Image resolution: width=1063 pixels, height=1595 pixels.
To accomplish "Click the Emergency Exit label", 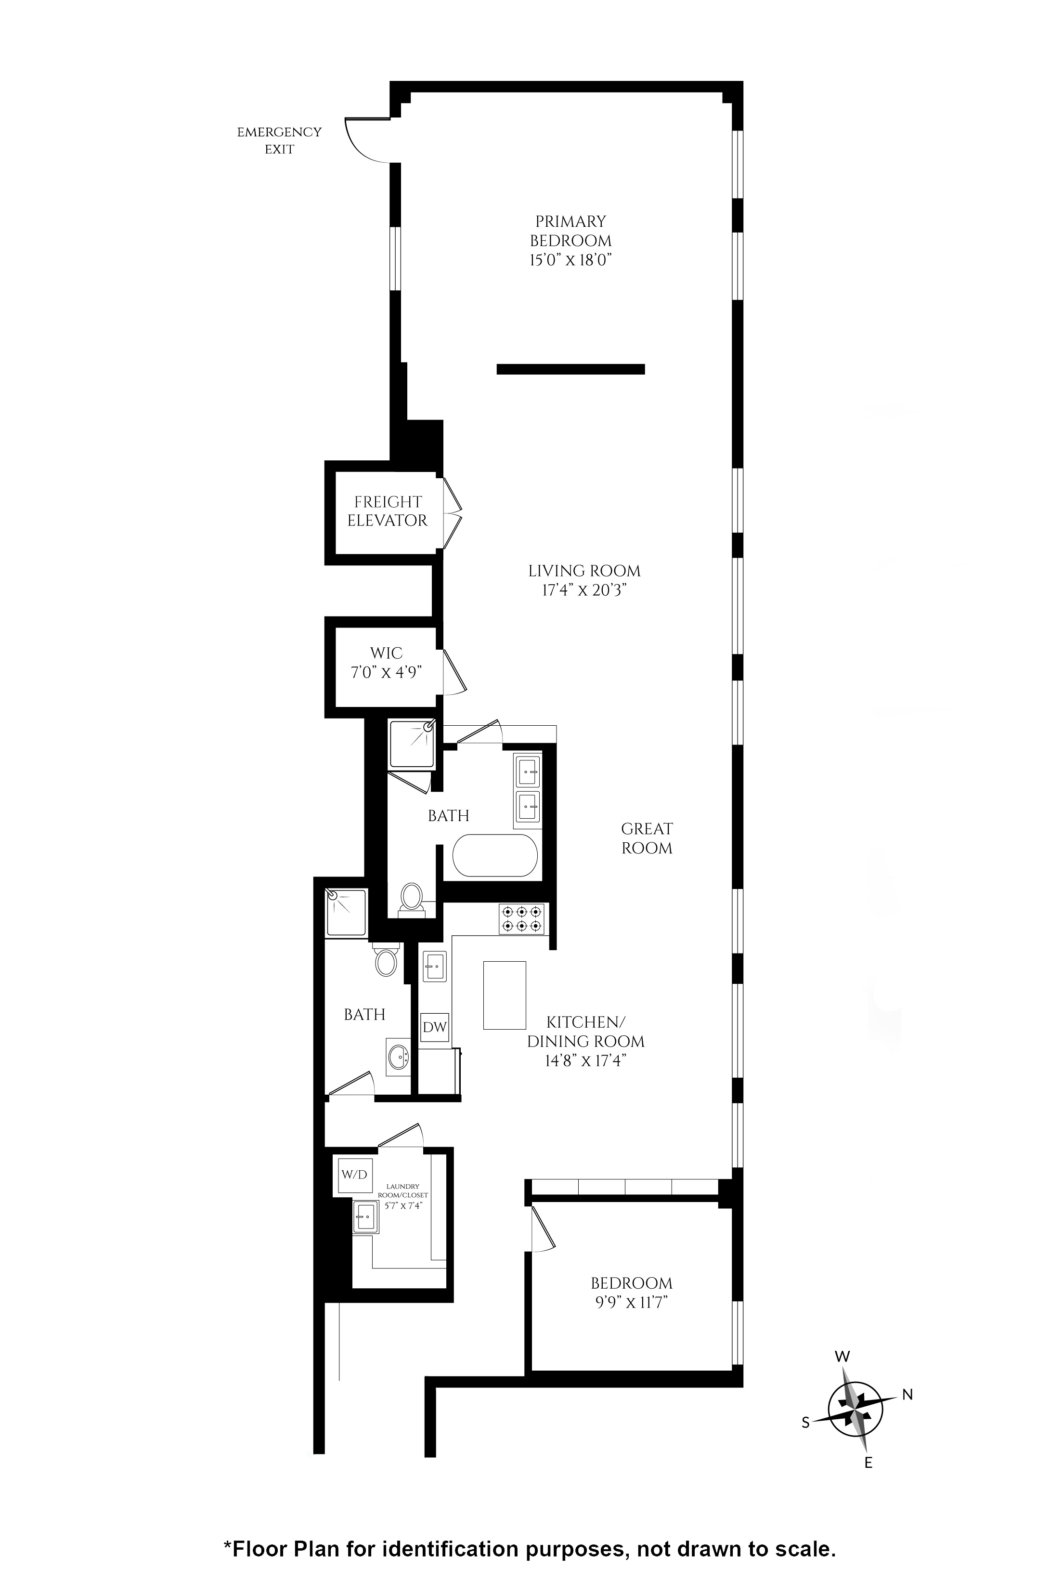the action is click(279, 140).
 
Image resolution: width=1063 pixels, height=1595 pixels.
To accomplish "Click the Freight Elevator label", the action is click(387, 511).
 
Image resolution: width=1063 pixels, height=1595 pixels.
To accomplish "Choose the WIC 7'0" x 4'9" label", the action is click(387, 663).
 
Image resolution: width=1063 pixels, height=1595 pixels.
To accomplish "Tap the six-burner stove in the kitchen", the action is click(521, 919).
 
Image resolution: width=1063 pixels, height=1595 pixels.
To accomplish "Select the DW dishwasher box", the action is click(435, 1027).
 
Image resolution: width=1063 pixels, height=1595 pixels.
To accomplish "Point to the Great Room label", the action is click(647, 838).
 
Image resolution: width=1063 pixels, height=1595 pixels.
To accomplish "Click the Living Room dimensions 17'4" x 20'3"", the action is click(583, 590).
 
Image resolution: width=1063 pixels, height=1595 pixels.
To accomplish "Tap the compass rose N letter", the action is click(908, 1394).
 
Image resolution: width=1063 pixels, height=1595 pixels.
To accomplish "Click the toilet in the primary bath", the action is click(411, 899).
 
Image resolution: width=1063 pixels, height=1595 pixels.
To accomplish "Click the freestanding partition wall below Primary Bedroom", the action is click(571, 369).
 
